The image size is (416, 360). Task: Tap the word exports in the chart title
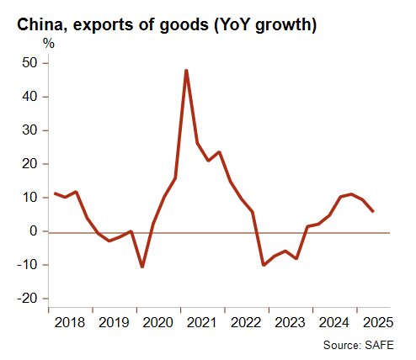103,25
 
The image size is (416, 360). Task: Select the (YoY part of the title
232,25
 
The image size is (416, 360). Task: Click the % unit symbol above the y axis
49,44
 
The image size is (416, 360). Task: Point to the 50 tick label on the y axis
29,63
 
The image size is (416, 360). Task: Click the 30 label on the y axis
29,130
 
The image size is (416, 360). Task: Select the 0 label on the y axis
34,231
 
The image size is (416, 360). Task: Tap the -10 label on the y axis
27,265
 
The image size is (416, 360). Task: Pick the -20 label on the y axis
27,299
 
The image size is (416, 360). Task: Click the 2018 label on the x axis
70,323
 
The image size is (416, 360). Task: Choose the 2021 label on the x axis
201,323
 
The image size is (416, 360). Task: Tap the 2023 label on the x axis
290,323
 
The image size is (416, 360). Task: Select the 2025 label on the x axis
378,323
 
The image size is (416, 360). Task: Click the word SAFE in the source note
380,345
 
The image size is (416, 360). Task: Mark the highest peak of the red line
186,70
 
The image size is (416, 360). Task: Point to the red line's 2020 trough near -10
142,267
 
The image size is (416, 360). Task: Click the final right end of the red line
373,211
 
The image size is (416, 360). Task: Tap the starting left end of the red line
55,193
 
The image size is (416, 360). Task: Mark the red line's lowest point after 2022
264,265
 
